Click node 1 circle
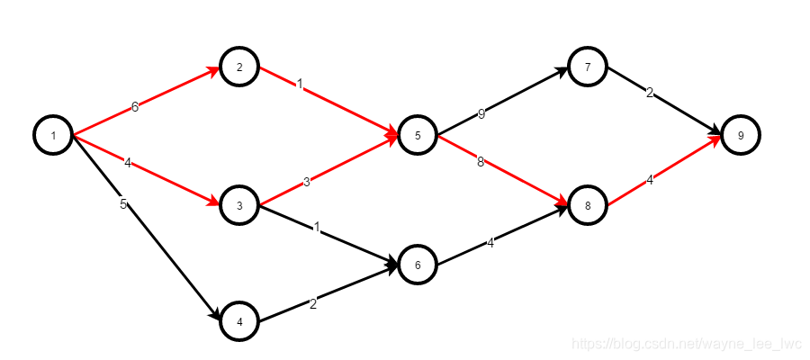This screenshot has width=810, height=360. [53, 136]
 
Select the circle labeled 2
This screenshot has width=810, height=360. [239, 67]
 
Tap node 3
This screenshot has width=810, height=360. [239, 205]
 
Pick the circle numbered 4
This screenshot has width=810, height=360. [239, 321]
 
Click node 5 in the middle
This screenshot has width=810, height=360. [418, 136]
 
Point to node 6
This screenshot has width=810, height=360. [418, 265]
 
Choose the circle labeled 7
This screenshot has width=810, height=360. [588, 67]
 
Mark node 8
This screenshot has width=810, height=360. [588, 205]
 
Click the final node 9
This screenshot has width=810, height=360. [741, 136]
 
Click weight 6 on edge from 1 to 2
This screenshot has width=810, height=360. [135, 106]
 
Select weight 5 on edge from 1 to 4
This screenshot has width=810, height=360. [123, 204]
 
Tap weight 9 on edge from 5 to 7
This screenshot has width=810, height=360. [481, 114]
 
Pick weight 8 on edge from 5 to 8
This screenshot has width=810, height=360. [481, 162]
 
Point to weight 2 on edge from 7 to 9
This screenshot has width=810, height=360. [649, 93]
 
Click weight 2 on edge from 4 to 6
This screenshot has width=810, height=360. [313, 303]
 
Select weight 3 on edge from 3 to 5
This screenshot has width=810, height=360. [306, 182]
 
